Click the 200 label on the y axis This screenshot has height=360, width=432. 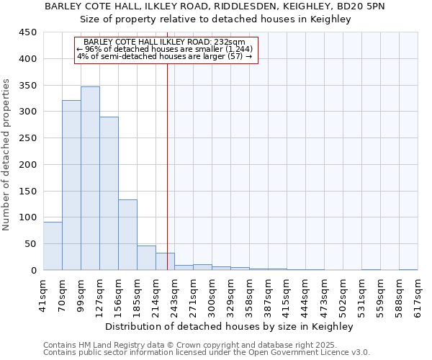point(27,164)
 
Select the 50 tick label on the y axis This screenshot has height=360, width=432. point(30,244)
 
